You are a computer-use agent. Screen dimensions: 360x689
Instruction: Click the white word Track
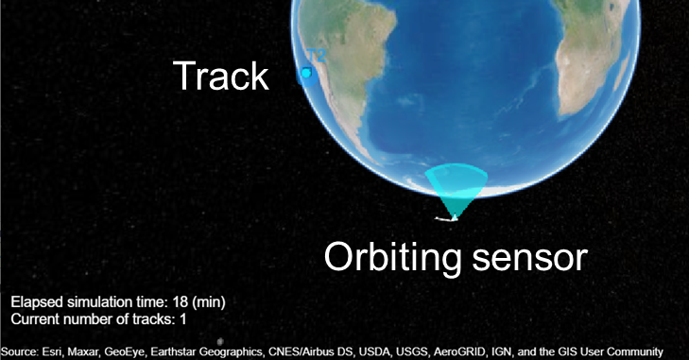coord(220,76)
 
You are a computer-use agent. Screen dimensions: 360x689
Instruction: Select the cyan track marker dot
coord(306,73)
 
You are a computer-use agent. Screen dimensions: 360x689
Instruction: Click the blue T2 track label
coord(314,56)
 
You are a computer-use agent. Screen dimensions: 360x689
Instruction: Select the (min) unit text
coord(207,301)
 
